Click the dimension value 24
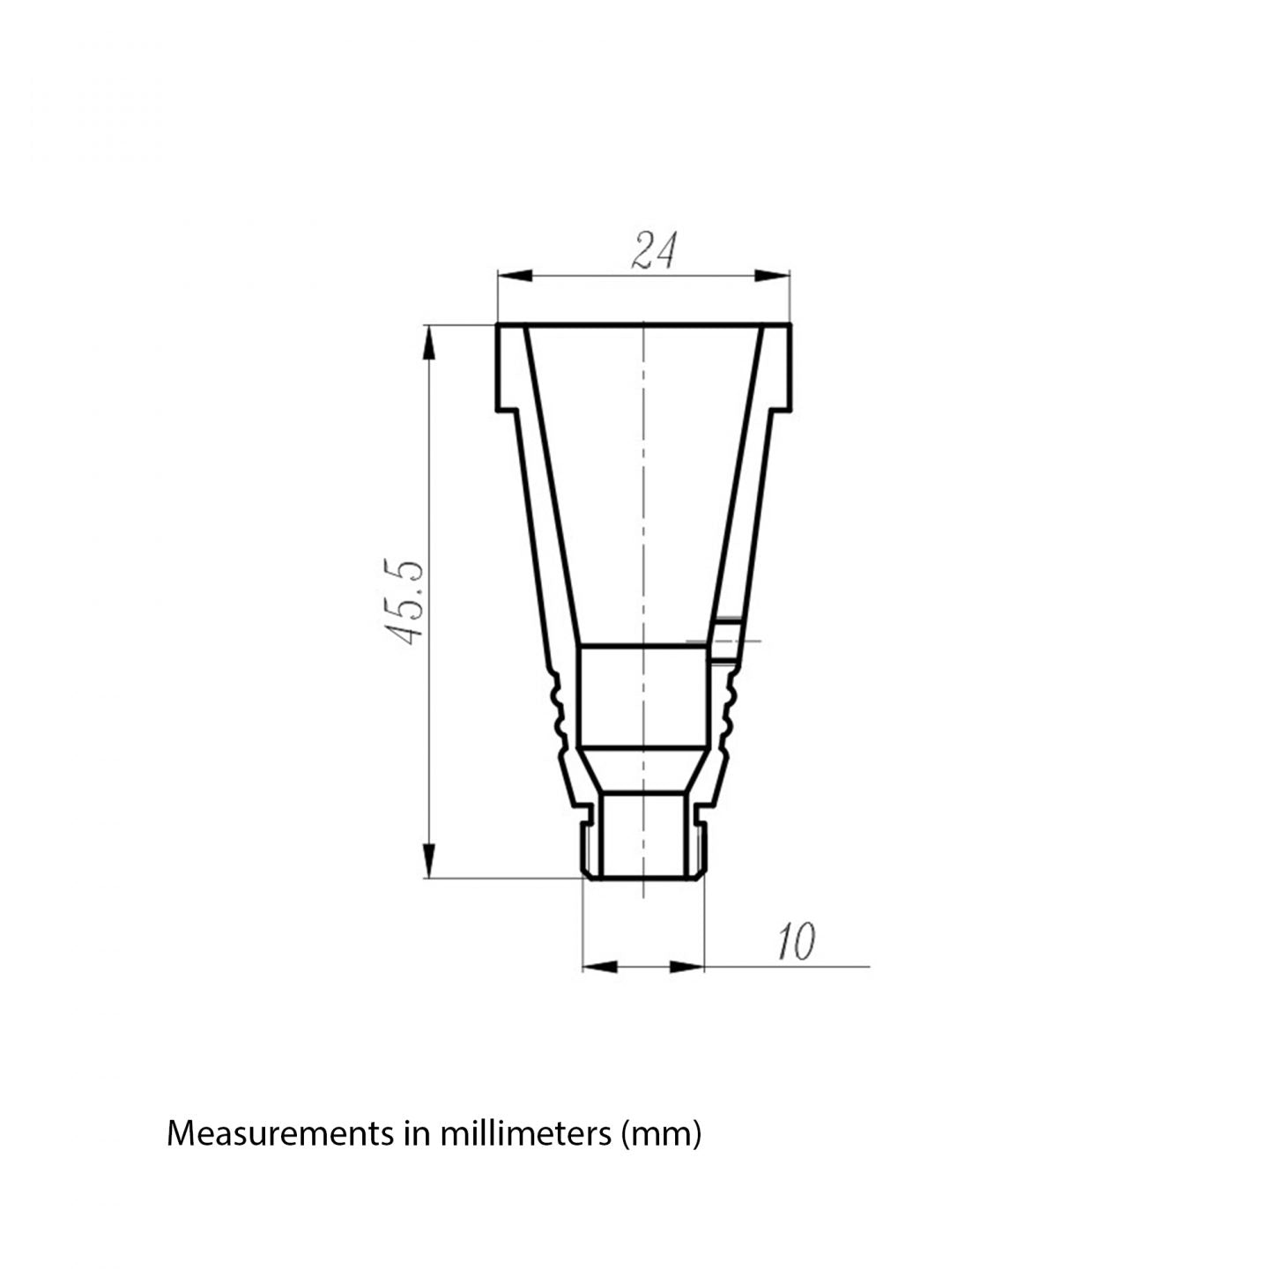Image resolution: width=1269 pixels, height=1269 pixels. point(654,251)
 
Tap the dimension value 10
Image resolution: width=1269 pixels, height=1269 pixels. point(796,943)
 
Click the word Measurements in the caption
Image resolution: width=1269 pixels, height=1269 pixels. point(280,1133)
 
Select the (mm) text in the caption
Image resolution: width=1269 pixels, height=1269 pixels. point(661,1133)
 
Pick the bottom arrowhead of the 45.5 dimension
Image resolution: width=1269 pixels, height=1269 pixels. point(428,859)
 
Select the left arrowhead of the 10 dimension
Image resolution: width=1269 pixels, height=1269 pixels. point(600,967)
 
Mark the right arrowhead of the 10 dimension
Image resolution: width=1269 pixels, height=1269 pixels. point(687,967)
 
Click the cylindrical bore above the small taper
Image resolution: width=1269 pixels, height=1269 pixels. point(643,696)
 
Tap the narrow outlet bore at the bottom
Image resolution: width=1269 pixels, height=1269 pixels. point(643,833)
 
